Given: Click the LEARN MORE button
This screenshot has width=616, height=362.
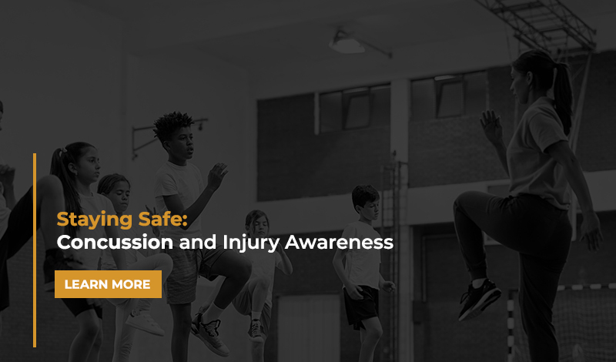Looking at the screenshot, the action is pyautogui.click(x=108, y=284).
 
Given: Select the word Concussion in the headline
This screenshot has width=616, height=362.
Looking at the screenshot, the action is pyautogui.click(x=115, y=243).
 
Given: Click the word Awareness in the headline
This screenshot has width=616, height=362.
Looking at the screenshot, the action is pyautogui.click(x=339, y=243).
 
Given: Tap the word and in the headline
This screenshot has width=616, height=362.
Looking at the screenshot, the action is pyautogui.click(x=198, y=243).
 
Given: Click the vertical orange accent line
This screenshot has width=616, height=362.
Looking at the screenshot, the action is pyautogui.click(x=35, y=250).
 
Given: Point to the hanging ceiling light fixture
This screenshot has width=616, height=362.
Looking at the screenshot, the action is pyautogui.click(x=348, y=43).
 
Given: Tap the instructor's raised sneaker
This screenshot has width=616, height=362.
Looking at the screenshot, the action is pyautogui.click(x=479, y=299).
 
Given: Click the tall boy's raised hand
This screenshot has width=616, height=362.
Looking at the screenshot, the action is pyautogui.click(x=217, y=176).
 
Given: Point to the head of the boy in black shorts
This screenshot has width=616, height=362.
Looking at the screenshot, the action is pyautogui.click(x=365, y=203).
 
